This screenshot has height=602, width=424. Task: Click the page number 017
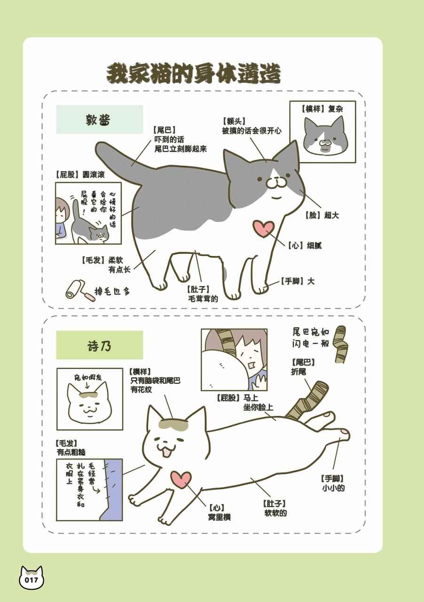[31, 580]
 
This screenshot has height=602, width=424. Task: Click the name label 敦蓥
[98, 119]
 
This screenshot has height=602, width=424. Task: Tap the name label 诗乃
[99, 346]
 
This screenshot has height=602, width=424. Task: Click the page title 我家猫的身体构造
[194, 73]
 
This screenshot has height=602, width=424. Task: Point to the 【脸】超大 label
[322, 215]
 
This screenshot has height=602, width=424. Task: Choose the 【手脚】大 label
[297, 281]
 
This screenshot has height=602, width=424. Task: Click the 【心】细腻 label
[304, 246]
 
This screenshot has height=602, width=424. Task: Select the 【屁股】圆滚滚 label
[80, 174]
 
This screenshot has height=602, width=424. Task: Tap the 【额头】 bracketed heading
[234, 121]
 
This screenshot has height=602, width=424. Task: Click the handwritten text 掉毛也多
[112, 291]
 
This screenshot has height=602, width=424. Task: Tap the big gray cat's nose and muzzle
[275, 183]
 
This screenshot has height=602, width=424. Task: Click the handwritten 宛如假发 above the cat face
[88, 378]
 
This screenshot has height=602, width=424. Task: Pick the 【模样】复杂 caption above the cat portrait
[322, 109]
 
